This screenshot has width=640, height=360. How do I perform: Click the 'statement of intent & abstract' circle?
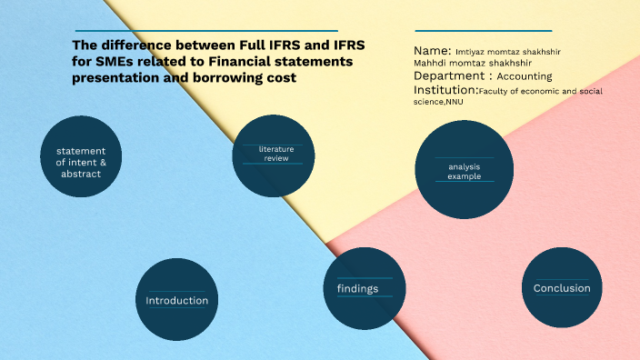point(81,156)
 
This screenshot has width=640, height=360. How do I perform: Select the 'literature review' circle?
point(274,155)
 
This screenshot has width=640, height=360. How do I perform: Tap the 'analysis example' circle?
point(464,170)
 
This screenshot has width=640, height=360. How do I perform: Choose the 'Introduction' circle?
point(177,300)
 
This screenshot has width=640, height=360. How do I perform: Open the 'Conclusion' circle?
point(562,288)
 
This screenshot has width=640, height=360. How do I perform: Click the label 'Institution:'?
point(445,91)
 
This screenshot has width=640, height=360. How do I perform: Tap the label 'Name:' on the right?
point(432,51)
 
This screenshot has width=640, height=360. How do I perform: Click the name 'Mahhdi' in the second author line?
point(433,64)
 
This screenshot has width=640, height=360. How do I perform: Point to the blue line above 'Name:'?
point(484,30)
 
